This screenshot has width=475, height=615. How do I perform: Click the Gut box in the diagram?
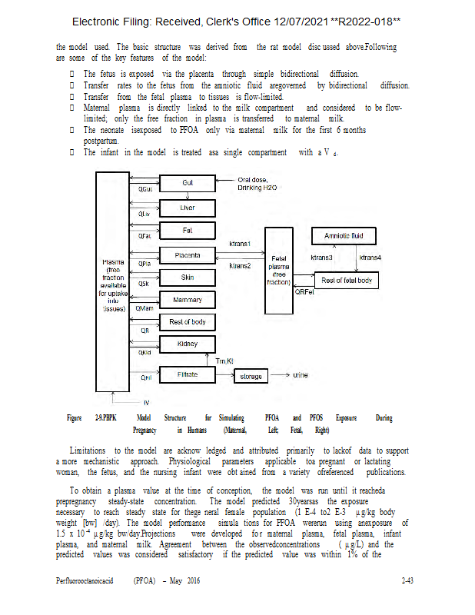tap(188, 183)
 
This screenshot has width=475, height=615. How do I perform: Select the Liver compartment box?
tap(188, 208)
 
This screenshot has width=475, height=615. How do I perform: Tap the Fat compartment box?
tap(188, 230)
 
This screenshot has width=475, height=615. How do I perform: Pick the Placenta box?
tap(188, 254)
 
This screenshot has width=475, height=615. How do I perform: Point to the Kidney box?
tap(188, 344)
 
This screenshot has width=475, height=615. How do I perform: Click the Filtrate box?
tap(188, 374)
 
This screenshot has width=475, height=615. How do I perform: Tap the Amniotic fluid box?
tap(344, 236)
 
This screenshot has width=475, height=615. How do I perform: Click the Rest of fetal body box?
tap(346, 281)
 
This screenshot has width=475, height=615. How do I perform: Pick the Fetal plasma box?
tap(277, 271)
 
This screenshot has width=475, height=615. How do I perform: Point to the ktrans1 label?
tap(241, 244)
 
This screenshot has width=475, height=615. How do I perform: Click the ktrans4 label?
tap(370, 257)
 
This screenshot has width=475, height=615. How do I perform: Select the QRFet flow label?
tap(304, 291)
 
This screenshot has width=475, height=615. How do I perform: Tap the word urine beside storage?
tap(301, 375)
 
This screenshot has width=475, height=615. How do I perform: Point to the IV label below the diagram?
tap(147, 402)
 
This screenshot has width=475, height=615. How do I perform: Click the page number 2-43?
tap(408, 581)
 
